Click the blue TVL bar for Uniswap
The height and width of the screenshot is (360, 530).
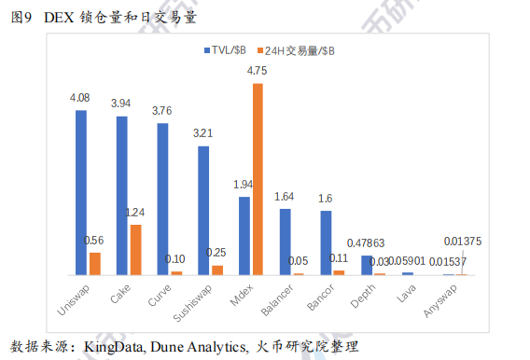coord(81,192)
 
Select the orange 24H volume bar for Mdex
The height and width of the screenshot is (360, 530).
coord(258,178)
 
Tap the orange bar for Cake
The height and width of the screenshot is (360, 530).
coord(135,249)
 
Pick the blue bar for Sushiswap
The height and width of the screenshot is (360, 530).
coord(203,210)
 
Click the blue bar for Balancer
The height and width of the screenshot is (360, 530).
coord(286,242)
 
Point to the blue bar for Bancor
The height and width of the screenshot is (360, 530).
coord(326,242)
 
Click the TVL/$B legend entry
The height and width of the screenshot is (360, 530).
coord(227,49)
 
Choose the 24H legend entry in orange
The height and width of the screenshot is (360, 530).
coord(300,49)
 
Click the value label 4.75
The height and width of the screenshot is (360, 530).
coord(258,71)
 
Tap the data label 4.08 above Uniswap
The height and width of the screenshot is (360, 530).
coord(80,97)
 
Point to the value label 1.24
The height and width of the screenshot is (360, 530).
coord(135,212)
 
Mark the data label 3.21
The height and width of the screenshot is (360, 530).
coord(203,133)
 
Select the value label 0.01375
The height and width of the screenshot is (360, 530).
coord(464,242)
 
